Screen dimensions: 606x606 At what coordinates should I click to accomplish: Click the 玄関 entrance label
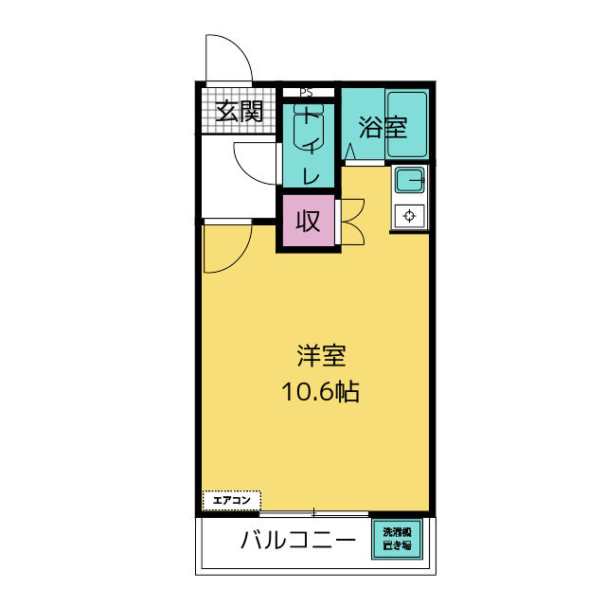point(239,112)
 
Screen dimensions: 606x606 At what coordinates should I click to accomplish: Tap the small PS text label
point(306,93)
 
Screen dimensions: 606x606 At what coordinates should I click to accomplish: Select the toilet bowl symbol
point(309,129)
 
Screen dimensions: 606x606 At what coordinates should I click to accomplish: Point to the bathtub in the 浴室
point(408,124)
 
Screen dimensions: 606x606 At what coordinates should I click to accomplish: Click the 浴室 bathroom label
point(383,127)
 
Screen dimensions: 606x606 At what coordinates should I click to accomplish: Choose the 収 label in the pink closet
point(308,222)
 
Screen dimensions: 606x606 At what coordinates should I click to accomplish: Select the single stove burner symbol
point(409,215)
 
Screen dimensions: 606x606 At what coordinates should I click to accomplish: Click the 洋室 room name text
point(320,356)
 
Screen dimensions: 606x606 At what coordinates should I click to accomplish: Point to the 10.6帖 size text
point(320,391)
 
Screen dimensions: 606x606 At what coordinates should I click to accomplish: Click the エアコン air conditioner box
point(231,499)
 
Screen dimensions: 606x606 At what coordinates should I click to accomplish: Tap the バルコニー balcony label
point(297,542)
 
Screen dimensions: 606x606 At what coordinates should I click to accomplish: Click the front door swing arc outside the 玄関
point(229,58)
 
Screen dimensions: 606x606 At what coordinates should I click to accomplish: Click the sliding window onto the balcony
point(313,513)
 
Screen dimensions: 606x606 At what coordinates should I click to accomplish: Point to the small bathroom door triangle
point(349,151)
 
